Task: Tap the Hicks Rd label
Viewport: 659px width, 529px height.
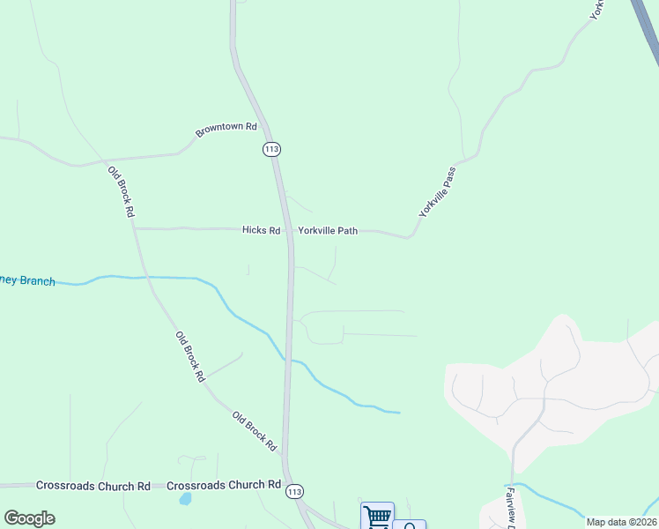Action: pyautogui.click(x=261, y=230)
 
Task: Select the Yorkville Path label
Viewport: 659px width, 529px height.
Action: pyautogui.click(x=328, y=231)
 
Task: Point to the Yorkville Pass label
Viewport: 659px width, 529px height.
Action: pyautogui.click(x=438, y=191)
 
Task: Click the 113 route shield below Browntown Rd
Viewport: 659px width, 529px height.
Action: pyautogui.click(x=271, y=149)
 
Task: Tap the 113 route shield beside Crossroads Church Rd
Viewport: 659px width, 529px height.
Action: pyautogui.click(x=294, y=491)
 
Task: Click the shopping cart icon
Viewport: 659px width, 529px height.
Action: pyautogui.click(x=377, y=517)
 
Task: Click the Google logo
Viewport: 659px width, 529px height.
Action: pyautogui.click(x=29, y=518)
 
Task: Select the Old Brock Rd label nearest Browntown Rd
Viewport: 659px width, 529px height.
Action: pyautogui.click(x=121, y=191)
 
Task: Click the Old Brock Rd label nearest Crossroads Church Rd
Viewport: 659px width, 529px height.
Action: pyautogui.click(x=255, y=431)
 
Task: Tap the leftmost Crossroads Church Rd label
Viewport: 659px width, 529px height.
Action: pyautogui.click(x=93, y=486)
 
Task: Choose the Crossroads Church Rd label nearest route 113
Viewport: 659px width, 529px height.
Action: pyautogui.click(x=223, y=485)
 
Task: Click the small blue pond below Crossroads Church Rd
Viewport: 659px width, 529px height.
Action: pyautogui.click(x=184, y=498)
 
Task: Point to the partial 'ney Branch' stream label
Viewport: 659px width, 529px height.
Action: pyautogui.click(x=27, y=280)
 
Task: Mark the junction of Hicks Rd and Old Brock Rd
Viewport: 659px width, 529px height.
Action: pyautogui.click(x=135, y=228)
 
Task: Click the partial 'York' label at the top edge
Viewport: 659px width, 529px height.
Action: pyautogui.click(x=597, y=10)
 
